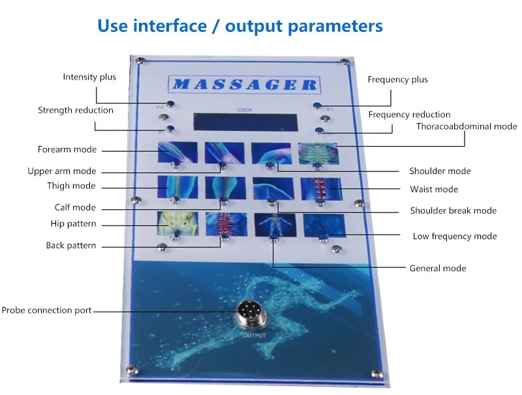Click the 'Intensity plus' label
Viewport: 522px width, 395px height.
click(x=89, y=77)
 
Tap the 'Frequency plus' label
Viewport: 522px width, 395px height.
click(x=397, y=80)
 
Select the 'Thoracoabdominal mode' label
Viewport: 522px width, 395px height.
click(x=466, y=126)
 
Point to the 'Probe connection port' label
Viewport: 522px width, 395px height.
click(x=46, y=310)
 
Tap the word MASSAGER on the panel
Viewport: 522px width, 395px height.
click(x=243, y=84)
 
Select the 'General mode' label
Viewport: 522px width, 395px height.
click(x=437, y=268)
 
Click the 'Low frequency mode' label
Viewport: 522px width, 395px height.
click(x=454, y=236)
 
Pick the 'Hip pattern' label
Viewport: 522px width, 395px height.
click(x=73, y=224)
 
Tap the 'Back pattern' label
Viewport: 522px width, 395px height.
click(x=70, y=246)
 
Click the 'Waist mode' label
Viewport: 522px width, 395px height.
click(x=433, y=189)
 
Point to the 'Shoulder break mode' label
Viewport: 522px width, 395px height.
click(x=453, y=211)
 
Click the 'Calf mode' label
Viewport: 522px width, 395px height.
click(x=74, y=207)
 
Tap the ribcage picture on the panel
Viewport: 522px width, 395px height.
click(x=318, y=153)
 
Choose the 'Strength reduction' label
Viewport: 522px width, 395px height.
click(x=75, y=110)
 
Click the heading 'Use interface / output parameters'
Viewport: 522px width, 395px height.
click(x=239, y=26)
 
